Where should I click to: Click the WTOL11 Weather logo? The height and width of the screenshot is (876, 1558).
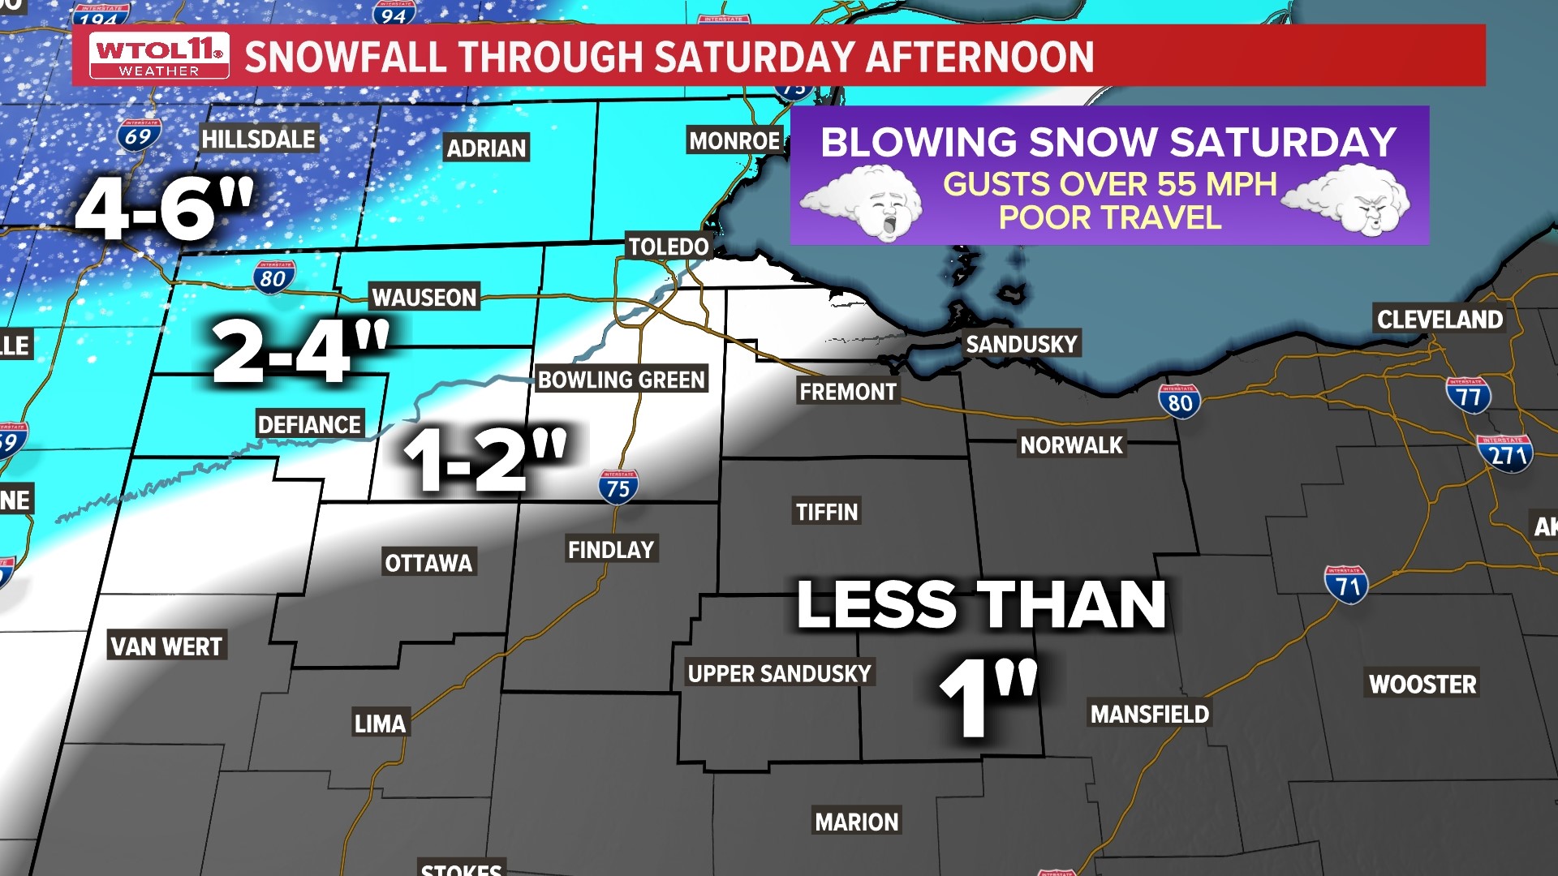pos(159,55)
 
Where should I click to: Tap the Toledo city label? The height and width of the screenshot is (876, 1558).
pos(669,246)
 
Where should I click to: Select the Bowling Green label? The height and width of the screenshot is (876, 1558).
pos(622,380)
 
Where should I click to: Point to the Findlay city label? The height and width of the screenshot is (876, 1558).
pos(611,550)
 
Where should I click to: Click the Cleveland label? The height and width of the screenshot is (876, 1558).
pos(1440,320)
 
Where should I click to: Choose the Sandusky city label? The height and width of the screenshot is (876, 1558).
pos(1021,344)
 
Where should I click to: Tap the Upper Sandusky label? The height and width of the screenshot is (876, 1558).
pos(779,673)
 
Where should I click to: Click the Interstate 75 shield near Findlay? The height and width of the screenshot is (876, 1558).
pos(618,487)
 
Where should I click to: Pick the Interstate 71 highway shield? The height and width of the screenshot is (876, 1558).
pos(1347,585)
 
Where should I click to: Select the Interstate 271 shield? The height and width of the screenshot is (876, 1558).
pos(1506,453)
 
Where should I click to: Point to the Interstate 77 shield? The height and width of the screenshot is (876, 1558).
pos(1468,396)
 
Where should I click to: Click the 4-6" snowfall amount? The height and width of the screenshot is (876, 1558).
pos(165,208)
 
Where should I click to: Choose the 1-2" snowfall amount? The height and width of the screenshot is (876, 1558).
pos(485,459)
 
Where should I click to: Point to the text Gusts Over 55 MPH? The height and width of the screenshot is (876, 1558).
pos(1109,184)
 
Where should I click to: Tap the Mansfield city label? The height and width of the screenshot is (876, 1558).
pos(1149,714)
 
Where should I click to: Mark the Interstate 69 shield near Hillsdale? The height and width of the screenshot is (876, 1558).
pos(139,135)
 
